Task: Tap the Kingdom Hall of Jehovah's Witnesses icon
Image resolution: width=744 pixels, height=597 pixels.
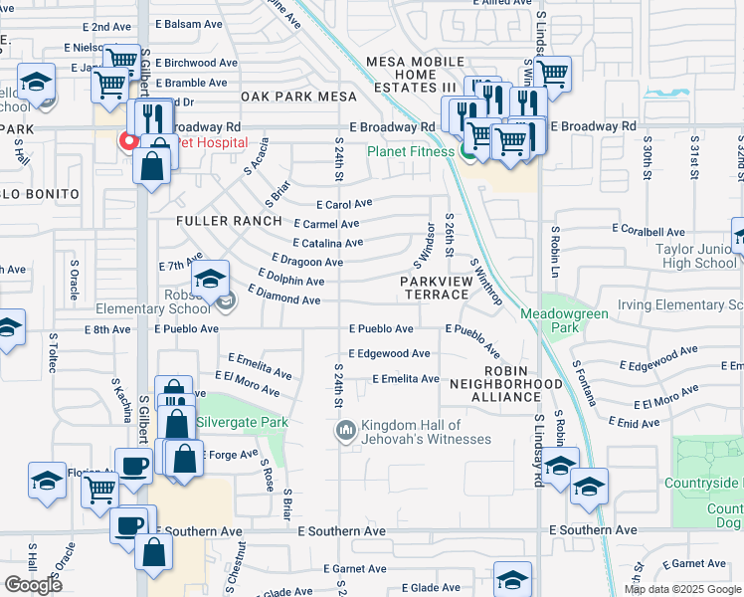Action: tap(346, 430)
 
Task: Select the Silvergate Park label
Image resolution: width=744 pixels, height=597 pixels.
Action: tap(242, 422)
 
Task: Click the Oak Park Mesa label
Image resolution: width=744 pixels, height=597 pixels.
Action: tap(292, 97)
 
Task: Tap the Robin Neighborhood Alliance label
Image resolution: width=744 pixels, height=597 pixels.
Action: tap(505, 389)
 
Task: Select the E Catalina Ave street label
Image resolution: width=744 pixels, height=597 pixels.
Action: tap(328, 243)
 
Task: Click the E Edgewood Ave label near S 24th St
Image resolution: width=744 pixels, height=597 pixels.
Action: tap(389, 353)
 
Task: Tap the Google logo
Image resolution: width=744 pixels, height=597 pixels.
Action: tap(33, 585)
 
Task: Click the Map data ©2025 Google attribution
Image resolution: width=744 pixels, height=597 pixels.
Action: tap(682, 589)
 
